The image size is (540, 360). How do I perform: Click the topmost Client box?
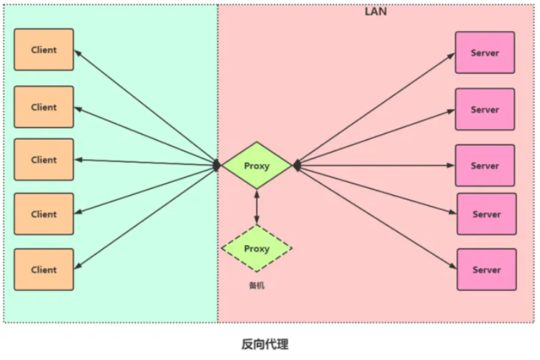44,50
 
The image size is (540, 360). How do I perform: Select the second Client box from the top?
44,107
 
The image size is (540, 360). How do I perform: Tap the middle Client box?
44,160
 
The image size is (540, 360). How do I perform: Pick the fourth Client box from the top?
44,214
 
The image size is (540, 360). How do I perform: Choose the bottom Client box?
44,269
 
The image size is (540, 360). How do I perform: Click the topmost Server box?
485,53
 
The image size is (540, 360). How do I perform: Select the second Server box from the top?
485,110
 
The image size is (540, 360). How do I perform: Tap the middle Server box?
485,166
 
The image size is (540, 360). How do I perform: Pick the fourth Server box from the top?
486,214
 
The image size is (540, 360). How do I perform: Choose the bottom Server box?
486,269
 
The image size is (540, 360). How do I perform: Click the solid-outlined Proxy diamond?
257,165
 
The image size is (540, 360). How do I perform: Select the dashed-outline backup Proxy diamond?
257,249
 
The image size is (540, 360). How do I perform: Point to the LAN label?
376,12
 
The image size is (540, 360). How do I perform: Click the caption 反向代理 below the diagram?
265,344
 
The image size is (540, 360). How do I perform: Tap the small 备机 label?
256,285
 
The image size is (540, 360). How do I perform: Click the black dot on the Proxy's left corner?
217,165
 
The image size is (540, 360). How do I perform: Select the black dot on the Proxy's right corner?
296,165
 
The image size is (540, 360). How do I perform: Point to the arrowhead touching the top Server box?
451,55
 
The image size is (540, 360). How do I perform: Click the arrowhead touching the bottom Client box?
79,266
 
